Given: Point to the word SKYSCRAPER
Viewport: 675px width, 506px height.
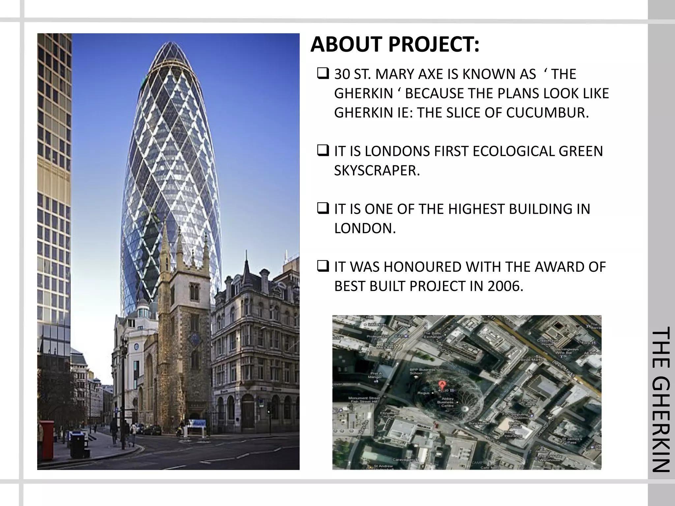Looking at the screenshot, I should point(377,170).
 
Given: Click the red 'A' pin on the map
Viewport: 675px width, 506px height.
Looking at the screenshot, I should point(442,384).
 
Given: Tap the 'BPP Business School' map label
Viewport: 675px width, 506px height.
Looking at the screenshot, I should point(418,371).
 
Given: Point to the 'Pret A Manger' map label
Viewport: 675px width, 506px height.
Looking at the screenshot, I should point(375,375).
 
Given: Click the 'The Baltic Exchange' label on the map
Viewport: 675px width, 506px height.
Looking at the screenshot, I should point(432,335).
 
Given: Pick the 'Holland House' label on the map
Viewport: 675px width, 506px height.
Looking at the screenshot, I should point(515,425).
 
